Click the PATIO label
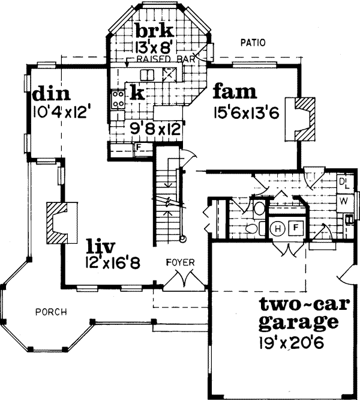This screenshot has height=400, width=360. (253, 43)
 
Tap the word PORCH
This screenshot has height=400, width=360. (50, 312)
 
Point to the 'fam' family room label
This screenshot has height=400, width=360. (235, 92)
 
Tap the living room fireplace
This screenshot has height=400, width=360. (60, 222)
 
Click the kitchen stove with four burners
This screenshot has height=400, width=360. (117, 97)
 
